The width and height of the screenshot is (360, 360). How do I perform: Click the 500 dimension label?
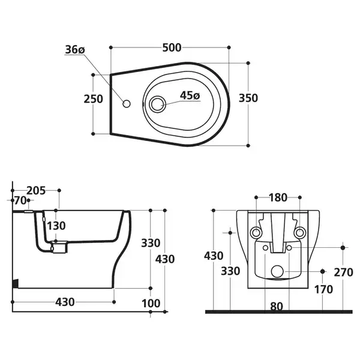click(172, 47)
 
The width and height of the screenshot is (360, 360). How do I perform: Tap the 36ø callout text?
click(75, 50)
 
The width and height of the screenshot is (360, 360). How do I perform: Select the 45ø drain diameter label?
click(190, 95)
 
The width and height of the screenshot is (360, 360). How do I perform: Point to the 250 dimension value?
click(93, 99)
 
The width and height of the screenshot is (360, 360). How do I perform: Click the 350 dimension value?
click(248, 98)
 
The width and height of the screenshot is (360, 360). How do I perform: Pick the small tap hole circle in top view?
click(127, 104)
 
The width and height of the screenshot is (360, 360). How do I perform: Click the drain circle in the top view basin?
click(157, 104)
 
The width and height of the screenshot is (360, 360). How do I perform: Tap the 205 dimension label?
click(36, 190)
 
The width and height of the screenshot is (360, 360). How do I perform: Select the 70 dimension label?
click(20, 200)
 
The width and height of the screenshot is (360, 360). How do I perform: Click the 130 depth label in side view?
click(56, 226)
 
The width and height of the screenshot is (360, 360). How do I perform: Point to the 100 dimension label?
click(151, 303)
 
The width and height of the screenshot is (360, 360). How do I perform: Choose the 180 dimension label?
click(278, 197)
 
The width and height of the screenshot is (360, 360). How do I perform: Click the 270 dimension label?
click(343, 272)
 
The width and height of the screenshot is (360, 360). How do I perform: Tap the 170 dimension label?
click(323, 290)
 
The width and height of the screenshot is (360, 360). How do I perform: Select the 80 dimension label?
click(277, 306)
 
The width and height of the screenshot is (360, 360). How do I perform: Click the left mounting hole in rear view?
click(256, 233)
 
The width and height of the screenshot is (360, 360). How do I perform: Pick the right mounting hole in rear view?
click(299, 233)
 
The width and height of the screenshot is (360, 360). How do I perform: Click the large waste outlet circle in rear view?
click(277, 271)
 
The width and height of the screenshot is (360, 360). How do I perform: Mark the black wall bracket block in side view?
click(15, 283)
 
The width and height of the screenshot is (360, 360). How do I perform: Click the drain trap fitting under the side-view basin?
click(59, 247)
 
